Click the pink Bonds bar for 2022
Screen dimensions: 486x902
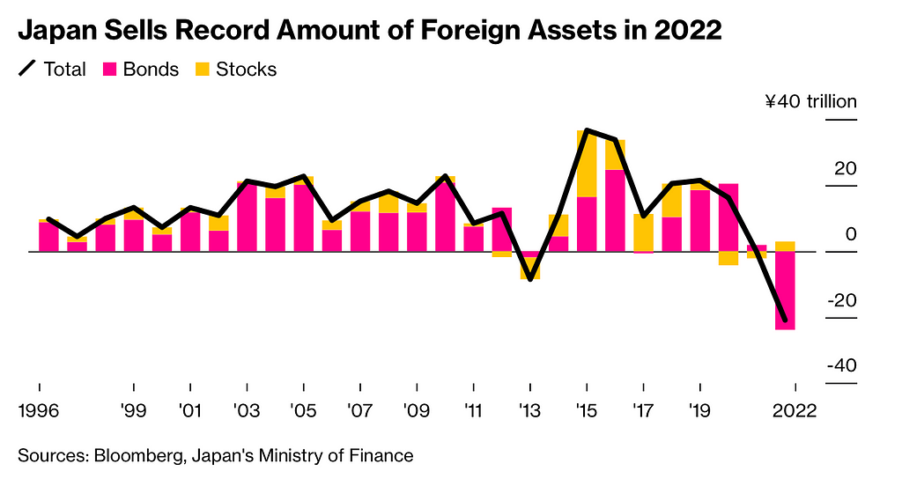785,291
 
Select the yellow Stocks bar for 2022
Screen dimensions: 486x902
785,247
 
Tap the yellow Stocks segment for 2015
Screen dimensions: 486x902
587,164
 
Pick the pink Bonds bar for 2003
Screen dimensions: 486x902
248,217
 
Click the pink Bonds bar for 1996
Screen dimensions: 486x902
48,237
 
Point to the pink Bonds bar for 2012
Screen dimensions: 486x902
502,230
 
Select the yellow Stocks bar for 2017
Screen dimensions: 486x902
643,232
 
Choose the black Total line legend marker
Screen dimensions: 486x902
27,69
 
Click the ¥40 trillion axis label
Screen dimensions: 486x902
810,102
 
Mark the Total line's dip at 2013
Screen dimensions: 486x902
530,279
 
